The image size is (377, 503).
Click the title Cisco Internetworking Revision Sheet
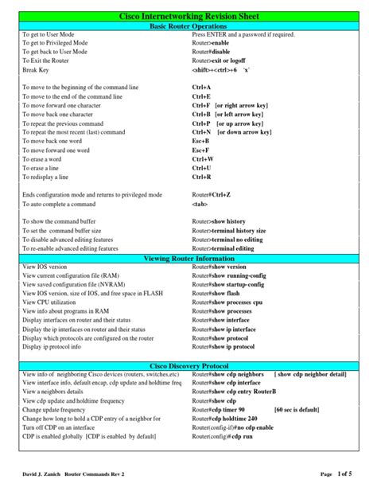coord(188,16)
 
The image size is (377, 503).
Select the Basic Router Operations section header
coord(188,26)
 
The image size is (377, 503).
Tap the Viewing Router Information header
coord(188,259)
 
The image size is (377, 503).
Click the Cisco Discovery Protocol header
coord(188,365)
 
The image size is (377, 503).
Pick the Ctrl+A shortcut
coord(201,87)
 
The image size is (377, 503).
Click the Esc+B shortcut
coord(200,140)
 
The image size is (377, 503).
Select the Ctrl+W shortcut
coord(202,158)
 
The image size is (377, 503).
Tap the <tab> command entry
coord(200,204)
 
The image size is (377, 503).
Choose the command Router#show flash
coord(218,293)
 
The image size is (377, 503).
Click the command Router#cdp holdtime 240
coord(225,419)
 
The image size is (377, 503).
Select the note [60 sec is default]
coord(296,409)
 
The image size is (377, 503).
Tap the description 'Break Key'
coord(36,70)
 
